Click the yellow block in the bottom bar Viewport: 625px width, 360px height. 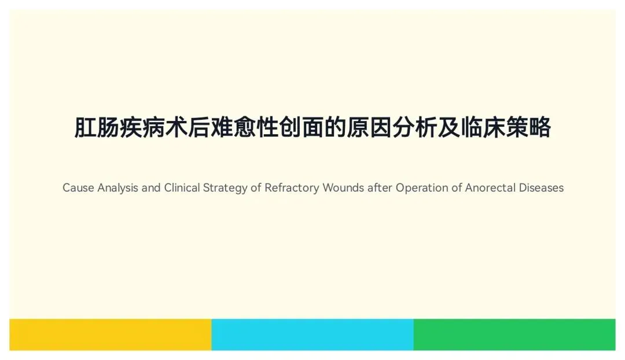coord(111,335)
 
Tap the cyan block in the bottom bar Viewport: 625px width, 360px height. coord(312,335)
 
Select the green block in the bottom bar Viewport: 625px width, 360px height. coord(514,335)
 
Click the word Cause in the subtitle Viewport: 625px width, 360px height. coord(78,188)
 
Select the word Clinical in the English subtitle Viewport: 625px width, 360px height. coord(182,188)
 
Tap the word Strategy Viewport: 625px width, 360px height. coord(225,188)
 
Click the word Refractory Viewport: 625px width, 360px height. coord(292,188)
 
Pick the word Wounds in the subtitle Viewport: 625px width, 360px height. coord(343,188)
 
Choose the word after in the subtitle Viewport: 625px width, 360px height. coord(380,188)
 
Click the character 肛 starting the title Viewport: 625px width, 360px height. coord(85,127)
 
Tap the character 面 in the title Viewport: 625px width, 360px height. coord(312,127)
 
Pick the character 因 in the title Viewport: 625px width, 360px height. coord(381,127)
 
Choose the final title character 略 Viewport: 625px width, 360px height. coord(540,127)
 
